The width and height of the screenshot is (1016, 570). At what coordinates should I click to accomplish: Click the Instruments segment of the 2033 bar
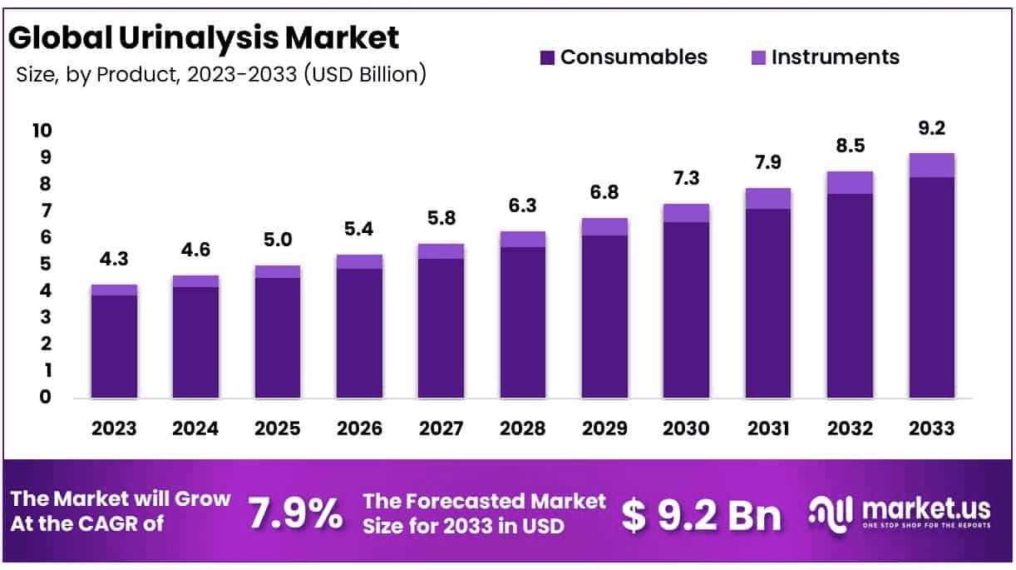click(x=931, y=166)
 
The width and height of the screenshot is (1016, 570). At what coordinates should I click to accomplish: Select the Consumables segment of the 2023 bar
click(x=114, y=345)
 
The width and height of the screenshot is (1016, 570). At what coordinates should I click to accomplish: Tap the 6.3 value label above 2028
click(x=523, y=205)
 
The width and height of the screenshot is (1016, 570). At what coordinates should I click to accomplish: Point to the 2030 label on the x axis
click(x=686, y=428)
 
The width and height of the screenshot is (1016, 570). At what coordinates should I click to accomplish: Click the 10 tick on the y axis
click(x=41, y=131)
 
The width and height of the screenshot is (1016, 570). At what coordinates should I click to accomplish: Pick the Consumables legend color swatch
click(x=547, y=57)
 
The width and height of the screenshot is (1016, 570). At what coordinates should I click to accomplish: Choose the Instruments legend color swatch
click(x=758, y=57)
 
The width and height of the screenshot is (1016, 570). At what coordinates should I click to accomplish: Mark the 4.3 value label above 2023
click(x=115, y=259)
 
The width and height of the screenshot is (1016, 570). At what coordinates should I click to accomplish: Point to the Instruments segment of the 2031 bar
click(x=767, y=198)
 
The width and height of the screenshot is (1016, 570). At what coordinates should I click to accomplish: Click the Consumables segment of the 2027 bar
click(x=441, y=328)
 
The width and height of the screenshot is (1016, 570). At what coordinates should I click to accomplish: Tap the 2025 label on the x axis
click(x=278, y=428)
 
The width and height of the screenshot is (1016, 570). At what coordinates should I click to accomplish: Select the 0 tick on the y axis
click(x=46, y=397)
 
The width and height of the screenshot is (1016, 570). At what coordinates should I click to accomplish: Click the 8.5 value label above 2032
click(x=850, y=146)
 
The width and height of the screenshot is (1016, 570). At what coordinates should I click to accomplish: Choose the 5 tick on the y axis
click(x=46, y=264)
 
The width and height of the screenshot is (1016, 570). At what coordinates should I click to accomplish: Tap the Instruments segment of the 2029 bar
click(x=604, y=226)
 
